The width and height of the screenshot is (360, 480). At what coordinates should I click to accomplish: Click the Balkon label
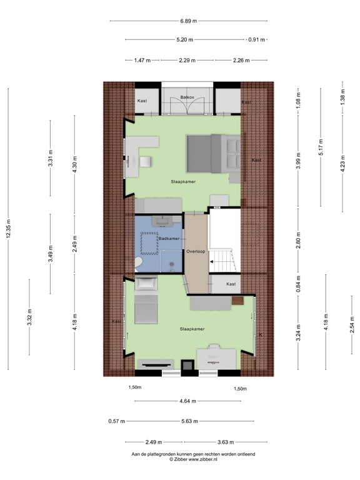tap(187, 97)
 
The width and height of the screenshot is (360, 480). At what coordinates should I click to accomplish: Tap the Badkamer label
tap(169, 239)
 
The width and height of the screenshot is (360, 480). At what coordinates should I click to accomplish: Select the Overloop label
tap(196, 251)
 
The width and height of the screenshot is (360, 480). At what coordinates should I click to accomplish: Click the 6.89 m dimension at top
tap(188, 21)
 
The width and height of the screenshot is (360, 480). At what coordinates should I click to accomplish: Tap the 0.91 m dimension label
tap(257, 40)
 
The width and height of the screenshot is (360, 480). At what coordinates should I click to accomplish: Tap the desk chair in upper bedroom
tap(146, 161)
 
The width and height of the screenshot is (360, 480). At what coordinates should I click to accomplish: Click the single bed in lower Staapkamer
tap(145, 304)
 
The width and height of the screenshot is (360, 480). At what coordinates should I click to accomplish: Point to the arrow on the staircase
tap(213, 260)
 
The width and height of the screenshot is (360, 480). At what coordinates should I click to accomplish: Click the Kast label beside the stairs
tap(231, 284)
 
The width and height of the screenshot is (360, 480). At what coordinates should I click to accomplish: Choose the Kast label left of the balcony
tap(142, 101)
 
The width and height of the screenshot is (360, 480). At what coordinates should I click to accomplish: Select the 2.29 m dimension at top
tap(187, 61)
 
